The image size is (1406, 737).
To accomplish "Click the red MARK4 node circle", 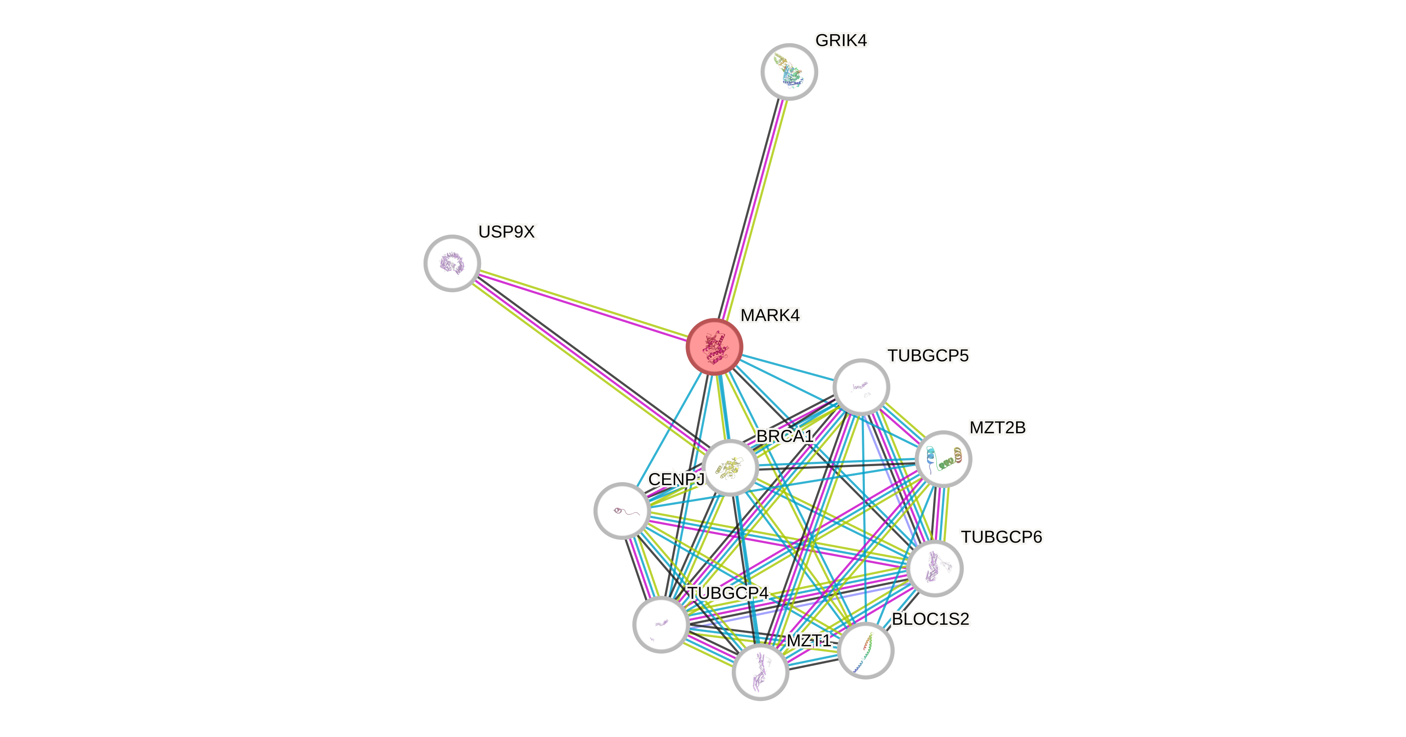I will [x=714, y=347].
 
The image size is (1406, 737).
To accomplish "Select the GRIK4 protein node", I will [x=789, y=71].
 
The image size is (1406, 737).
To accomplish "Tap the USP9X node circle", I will [x=452, y=264].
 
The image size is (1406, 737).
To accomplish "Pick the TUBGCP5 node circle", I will [x=861, y=387].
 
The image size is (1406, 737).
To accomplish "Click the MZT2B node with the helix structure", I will [x=943, y=459].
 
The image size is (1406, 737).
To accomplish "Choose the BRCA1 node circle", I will [x=730, y=467].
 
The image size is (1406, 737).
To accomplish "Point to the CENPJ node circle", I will [x=622, y=511].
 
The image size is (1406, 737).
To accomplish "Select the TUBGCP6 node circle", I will [x=934, y=569].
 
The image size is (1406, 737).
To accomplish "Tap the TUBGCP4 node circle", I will [x=660, y=624].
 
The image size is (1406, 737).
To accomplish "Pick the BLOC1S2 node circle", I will [x=865, y=650].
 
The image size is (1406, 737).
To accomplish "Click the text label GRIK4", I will [x=841, y=40].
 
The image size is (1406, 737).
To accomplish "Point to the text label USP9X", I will [x=507, y=232].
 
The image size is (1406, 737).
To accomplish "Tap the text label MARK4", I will [x=770, y=315].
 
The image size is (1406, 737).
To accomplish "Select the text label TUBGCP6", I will [x=1001, y=537].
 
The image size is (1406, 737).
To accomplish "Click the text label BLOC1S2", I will [x=931, y=619].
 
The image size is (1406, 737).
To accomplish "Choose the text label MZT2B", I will [x=997, y=428].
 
